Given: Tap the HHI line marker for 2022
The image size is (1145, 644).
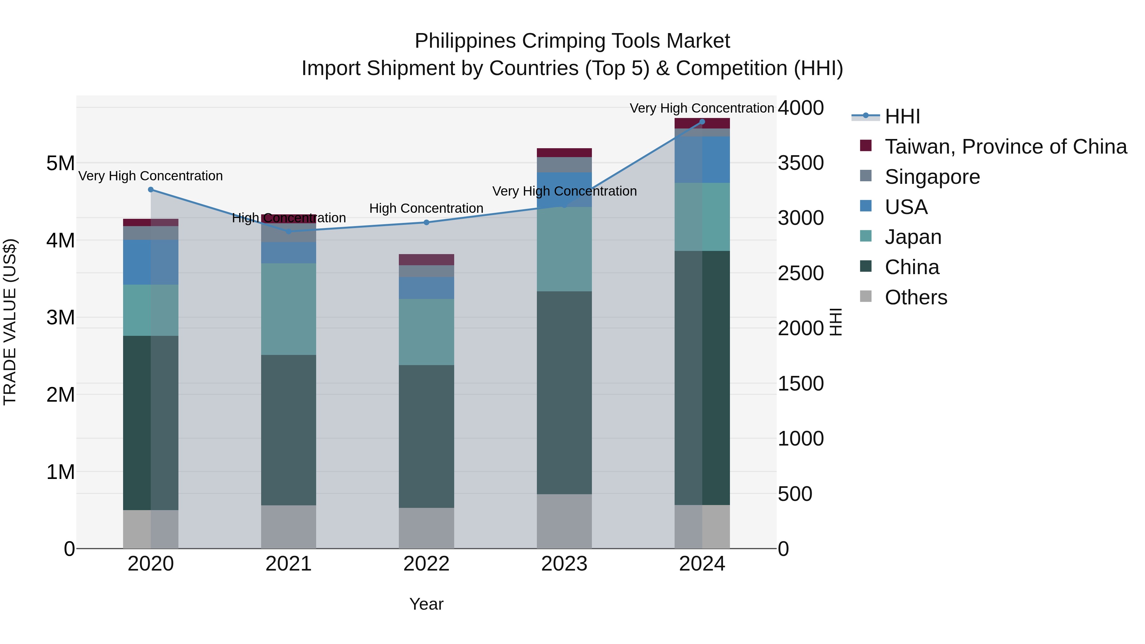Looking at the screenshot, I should point(426,222).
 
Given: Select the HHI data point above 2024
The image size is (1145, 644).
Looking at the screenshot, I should point(702,122).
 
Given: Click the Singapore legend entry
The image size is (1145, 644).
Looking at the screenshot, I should point(932,177).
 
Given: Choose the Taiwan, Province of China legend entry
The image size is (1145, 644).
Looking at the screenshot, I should point(1005,147).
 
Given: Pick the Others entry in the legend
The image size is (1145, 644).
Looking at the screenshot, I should point(916,297).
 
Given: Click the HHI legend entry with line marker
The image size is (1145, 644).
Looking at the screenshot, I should point(902,116).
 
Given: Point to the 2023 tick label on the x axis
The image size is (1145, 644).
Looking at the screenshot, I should point(564,564).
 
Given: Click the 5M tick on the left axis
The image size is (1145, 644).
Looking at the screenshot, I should point(60,163).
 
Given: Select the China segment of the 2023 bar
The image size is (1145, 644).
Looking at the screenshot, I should point(564,392).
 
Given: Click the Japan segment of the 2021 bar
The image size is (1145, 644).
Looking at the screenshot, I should point(288,309).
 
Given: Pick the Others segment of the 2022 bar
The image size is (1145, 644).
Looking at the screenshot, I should point(426,528).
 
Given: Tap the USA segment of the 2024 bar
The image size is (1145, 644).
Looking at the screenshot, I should point(702,160).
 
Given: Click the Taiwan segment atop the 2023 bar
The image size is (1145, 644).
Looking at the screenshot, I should point(564,152).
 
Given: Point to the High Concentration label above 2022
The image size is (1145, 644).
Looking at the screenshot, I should point(426,208).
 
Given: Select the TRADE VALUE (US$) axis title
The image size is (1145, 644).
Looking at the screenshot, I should point(10,322).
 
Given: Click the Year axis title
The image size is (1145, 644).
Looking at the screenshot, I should point(426,604).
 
